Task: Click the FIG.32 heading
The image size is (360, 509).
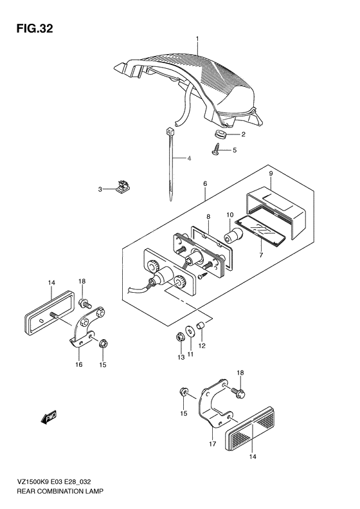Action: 34,29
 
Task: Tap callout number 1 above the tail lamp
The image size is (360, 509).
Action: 197,39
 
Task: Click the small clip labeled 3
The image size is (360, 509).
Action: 122,187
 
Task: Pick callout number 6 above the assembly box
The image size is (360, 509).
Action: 205,184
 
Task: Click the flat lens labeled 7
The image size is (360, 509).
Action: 260,230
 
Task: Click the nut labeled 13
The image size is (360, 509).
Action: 179,338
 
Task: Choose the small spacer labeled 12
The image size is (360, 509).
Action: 200,324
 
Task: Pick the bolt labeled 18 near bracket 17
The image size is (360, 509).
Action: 239,391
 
